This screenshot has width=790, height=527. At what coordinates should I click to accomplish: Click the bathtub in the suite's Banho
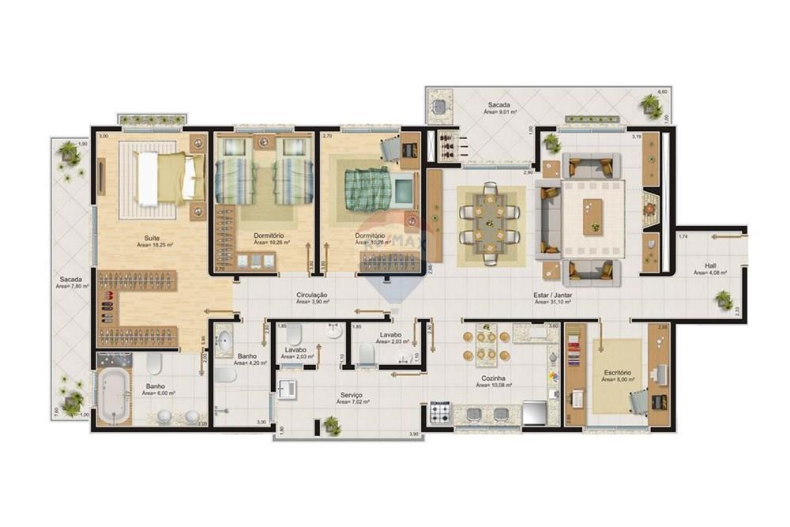114,391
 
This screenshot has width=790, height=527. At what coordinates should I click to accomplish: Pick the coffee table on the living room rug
592,216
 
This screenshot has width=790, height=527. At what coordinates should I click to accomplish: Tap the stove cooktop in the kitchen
440,412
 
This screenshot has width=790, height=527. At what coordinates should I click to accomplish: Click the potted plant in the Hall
723,299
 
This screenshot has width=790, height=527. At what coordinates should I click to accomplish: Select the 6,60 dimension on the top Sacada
664,92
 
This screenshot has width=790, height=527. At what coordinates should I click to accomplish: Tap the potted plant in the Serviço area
332,425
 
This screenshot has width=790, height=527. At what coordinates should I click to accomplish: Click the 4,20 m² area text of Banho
250,363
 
